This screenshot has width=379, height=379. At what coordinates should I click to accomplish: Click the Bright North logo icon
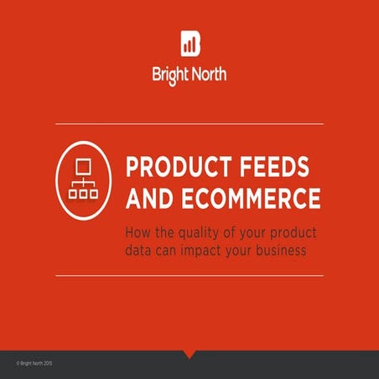tap(189, 44)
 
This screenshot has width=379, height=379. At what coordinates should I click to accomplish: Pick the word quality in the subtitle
tap(203, 232)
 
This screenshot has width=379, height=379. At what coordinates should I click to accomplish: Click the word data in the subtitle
tap(139, 251)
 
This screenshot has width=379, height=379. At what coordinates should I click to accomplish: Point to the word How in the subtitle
tap(136, 232)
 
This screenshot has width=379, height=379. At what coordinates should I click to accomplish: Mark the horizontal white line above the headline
tap(189, 124)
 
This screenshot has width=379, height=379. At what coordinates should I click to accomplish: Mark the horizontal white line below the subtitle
tap(189, 275)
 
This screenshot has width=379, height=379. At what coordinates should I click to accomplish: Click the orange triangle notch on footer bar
tap(189, 354)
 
